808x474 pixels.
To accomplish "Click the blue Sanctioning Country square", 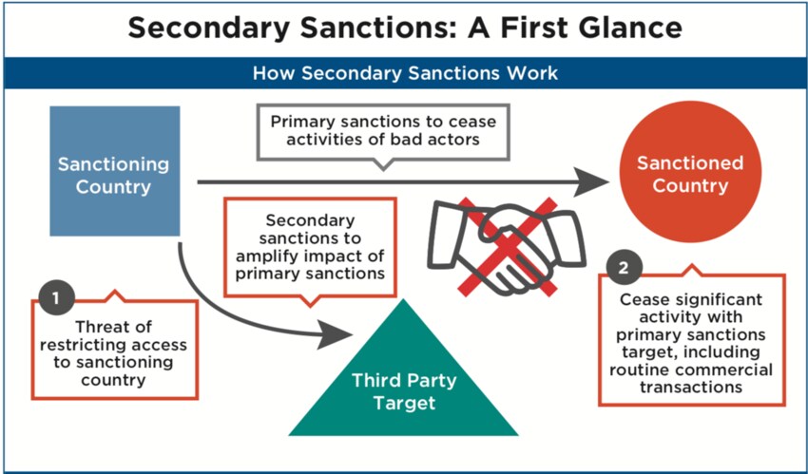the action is click(x=115, y=171).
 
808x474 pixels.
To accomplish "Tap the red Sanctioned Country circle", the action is click(x=690, y=172).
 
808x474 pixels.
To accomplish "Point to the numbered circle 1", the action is click(x=56, y=298).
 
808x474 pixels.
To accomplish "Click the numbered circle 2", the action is click(x=623, y=268).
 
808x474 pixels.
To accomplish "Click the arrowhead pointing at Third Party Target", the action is click(x=335, y=334).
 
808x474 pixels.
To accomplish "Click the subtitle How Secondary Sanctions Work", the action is click(x=405, y=72).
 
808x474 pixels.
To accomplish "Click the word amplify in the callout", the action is click(x=269, y=256).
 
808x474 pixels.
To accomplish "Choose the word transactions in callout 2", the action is click(x=691, y=387).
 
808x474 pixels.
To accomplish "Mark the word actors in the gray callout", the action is click(x=454, y=140).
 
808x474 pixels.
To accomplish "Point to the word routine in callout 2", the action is click(x=640, y=370).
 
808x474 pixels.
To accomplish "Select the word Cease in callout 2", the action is click(x=641, y=299).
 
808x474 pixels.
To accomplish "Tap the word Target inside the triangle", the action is click(x=405, y=403).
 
